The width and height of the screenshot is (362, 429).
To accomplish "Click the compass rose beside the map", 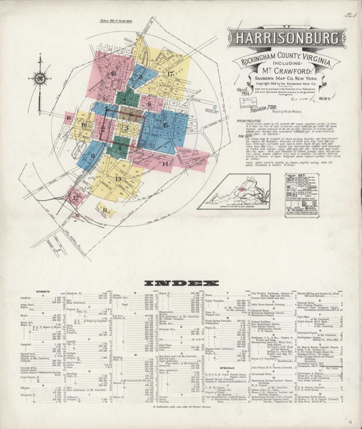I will pos(41,77).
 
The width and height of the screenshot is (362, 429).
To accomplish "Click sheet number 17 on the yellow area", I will pos(170,74).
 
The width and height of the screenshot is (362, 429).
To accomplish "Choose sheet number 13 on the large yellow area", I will pos(118,178).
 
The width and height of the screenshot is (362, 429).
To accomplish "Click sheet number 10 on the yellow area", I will pos(84,126).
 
